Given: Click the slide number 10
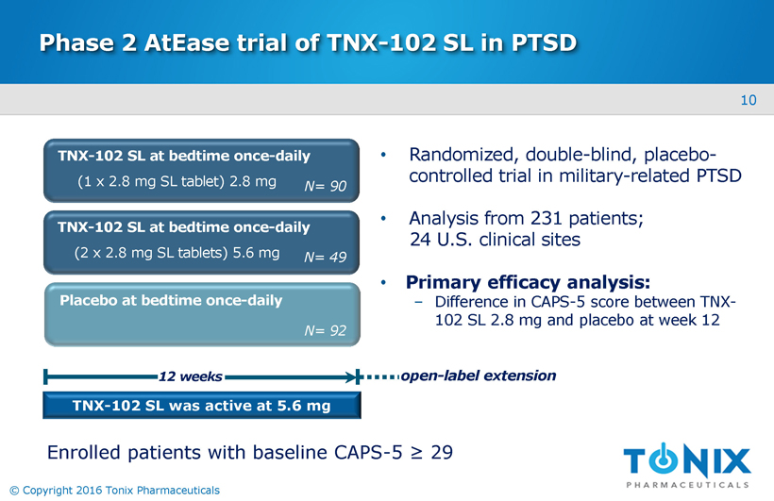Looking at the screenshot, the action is pos(749,100).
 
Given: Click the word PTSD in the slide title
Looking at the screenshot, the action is pos(544,42).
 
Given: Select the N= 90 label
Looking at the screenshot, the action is pos(325,186).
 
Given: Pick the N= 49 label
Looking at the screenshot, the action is pos(325,258).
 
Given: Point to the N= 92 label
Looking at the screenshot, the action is pos(325,330).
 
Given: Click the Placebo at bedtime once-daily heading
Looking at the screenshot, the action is pos(171,301).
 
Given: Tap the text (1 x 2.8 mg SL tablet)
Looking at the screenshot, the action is pos(151,182).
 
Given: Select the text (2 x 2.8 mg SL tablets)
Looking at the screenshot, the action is pos(151,253).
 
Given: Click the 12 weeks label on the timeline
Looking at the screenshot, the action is pos(190,376).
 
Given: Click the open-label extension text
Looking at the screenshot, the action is pos(479,376).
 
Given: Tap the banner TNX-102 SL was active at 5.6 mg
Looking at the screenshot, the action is pos(201,406).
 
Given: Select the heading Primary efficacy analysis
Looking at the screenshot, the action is pos(528,282).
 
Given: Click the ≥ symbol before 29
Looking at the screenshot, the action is pos(416,453).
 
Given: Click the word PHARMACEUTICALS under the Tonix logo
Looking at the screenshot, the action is pos(687,485).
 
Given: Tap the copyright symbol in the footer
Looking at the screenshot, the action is pos(14,491).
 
